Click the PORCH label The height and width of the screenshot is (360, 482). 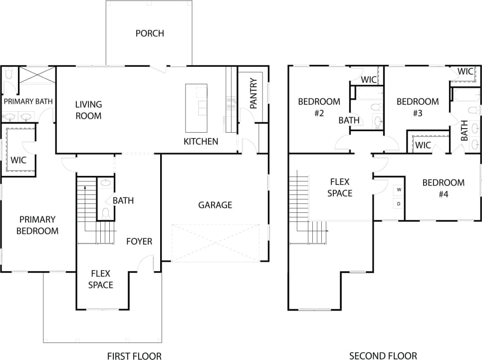coord(150,33)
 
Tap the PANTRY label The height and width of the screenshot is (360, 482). coord(253,93)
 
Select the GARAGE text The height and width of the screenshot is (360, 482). coord(215,205)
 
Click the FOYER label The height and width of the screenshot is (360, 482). coord(139,241)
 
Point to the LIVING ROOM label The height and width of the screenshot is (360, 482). coord(88,110)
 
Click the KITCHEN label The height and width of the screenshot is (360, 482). coord(201,141)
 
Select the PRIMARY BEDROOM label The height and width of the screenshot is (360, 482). coord(37,225)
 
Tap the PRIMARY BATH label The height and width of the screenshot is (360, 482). coord(28,101)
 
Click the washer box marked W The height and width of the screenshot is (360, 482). coord(399,190)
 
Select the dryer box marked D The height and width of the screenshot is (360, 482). coord(399,203)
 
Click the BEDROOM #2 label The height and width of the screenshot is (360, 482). coord(319,107)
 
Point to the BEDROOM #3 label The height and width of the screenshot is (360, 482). coord(418,107)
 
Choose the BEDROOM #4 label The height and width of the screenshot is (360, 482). coord(444,188)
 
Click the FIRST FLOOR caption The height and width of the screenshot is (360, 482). coord(134,356)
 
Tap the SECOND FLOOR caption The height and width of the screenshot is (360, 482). coord(383,356)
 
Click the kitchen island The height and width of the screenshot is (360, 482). coord(196,107)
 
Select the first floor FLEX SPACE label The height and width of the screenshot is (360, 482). coord(101,279)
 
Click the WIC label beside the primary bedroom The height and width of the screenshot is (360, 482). coord(18,160)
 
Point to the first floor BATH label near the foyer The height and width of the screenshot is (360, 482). coord(123,200)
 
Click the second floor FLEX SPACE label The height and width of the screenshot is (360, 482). coord(340,187)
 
